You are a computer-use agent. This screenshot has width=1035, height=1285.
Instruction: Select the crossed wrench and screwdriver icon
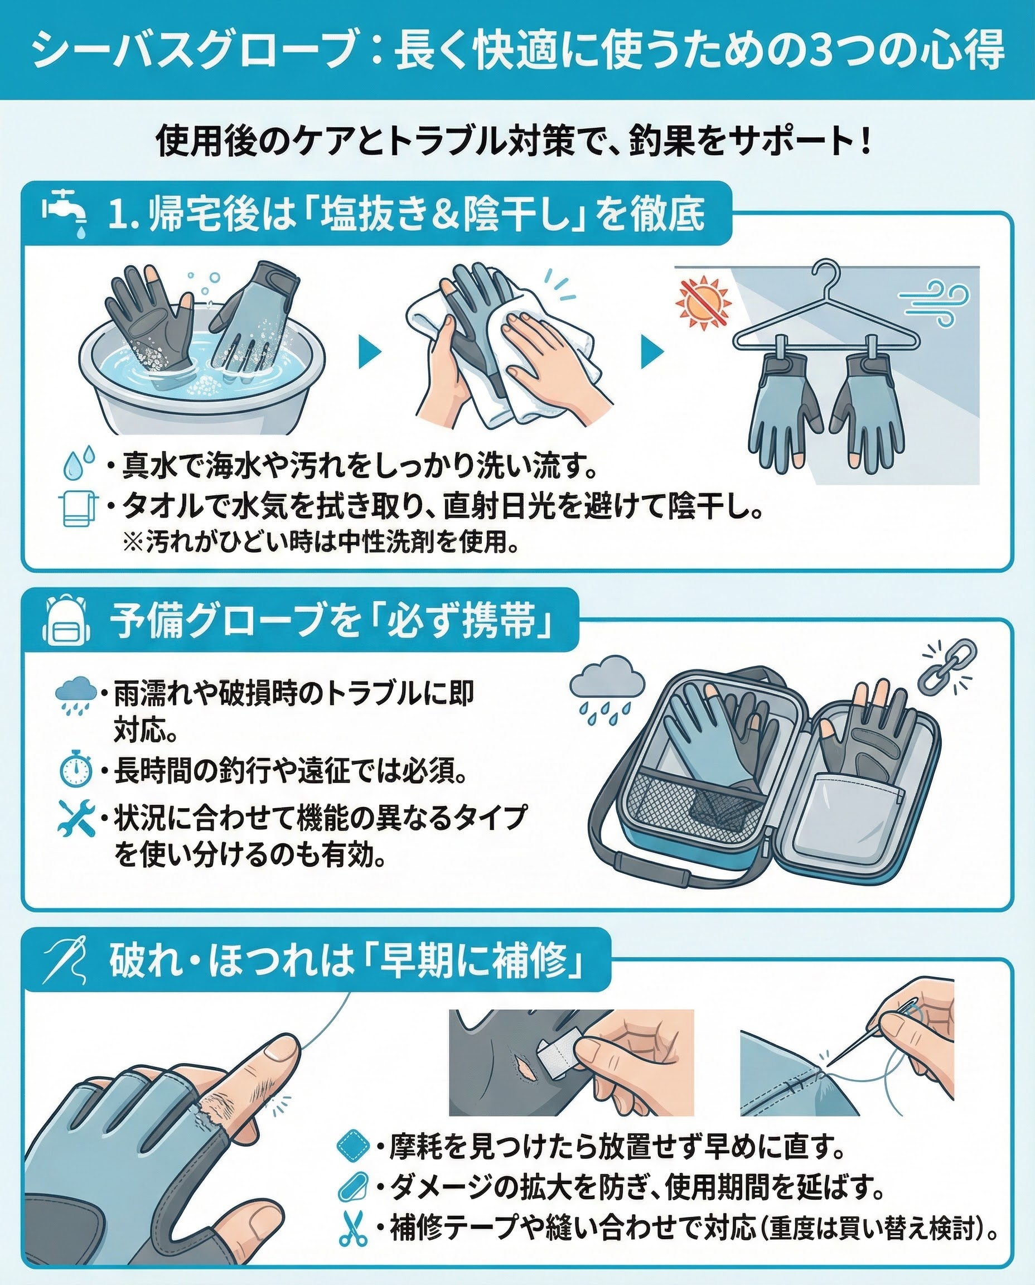76,818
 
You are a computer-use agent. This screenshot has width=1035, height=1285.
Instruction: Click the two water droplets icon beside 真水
79,462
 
